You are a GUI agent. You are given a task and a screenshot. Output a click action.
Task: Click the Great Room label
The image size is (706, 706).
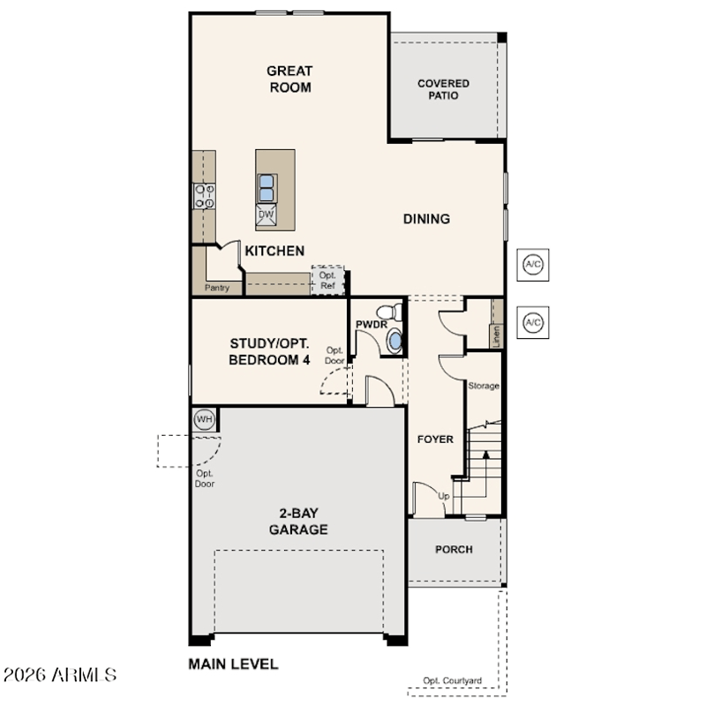tap(289, 79)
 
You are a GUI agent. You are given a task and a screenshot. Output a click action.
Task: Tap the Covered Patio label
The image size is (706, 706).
tap(444, 89)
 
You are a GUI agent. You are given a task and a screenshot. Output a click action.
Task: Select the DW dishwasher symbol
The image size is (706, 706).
tap(267, 214)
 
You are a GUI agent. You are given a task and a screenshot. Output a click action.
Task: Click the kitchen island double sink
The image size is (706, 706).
tap(267, 188)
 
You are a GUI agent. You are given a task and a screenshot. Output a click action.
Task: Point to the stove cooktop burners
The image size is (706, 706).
tap(205, 196)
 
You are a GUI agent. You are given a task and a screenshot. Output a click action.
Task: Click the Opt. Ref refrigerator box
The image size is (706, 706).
tap(327, 280)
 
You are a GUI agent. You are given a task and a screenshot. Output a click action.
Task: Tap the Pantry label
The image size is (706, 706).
tap(217, 288)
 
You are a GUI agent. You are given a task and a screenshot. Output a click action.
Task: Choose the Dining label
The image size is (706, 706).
tap(426, 219)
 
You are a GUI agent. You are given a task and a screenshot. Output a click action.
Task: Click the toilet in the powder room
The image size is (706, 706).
tap(389, 312)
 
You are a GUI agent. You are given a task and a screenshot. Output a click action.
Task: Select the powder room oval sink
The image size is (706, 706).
tap(395, 342)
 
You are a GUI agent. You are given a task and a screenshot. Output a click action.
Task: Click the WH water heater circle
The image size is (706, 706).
tap(205, 420)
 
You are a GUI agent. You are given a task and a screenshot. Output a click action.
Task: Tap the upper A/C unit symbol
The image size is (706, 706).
tap(533, 264)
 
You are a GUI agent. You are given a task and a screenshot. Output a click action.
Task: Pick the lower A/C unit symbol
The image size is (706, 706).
tap(533, 322)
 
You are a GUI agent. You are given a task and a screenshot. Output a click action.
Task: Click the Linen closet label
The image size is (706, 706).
tap(496, 336)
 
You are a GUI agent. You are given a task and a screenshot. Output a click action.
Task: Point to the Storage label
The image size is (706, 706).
tap(484, 386)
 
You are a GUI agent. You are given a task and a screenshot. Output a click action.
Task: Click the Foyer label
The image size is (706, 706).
tap(435, 439)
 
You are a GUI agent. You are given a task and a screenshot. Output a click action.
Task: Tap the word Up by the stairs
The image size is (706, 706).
tap(444, 496)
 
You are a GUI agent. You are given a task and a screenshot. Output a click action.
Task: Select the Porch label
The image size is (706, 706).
tap(454, 549)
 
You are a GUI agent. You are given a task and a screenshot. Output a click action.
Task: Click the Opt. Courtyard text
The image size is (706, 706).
tap(452, 680)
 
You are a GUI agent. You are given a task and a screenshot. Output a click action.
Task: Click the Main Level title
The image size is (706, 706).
tap(233, 665)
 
